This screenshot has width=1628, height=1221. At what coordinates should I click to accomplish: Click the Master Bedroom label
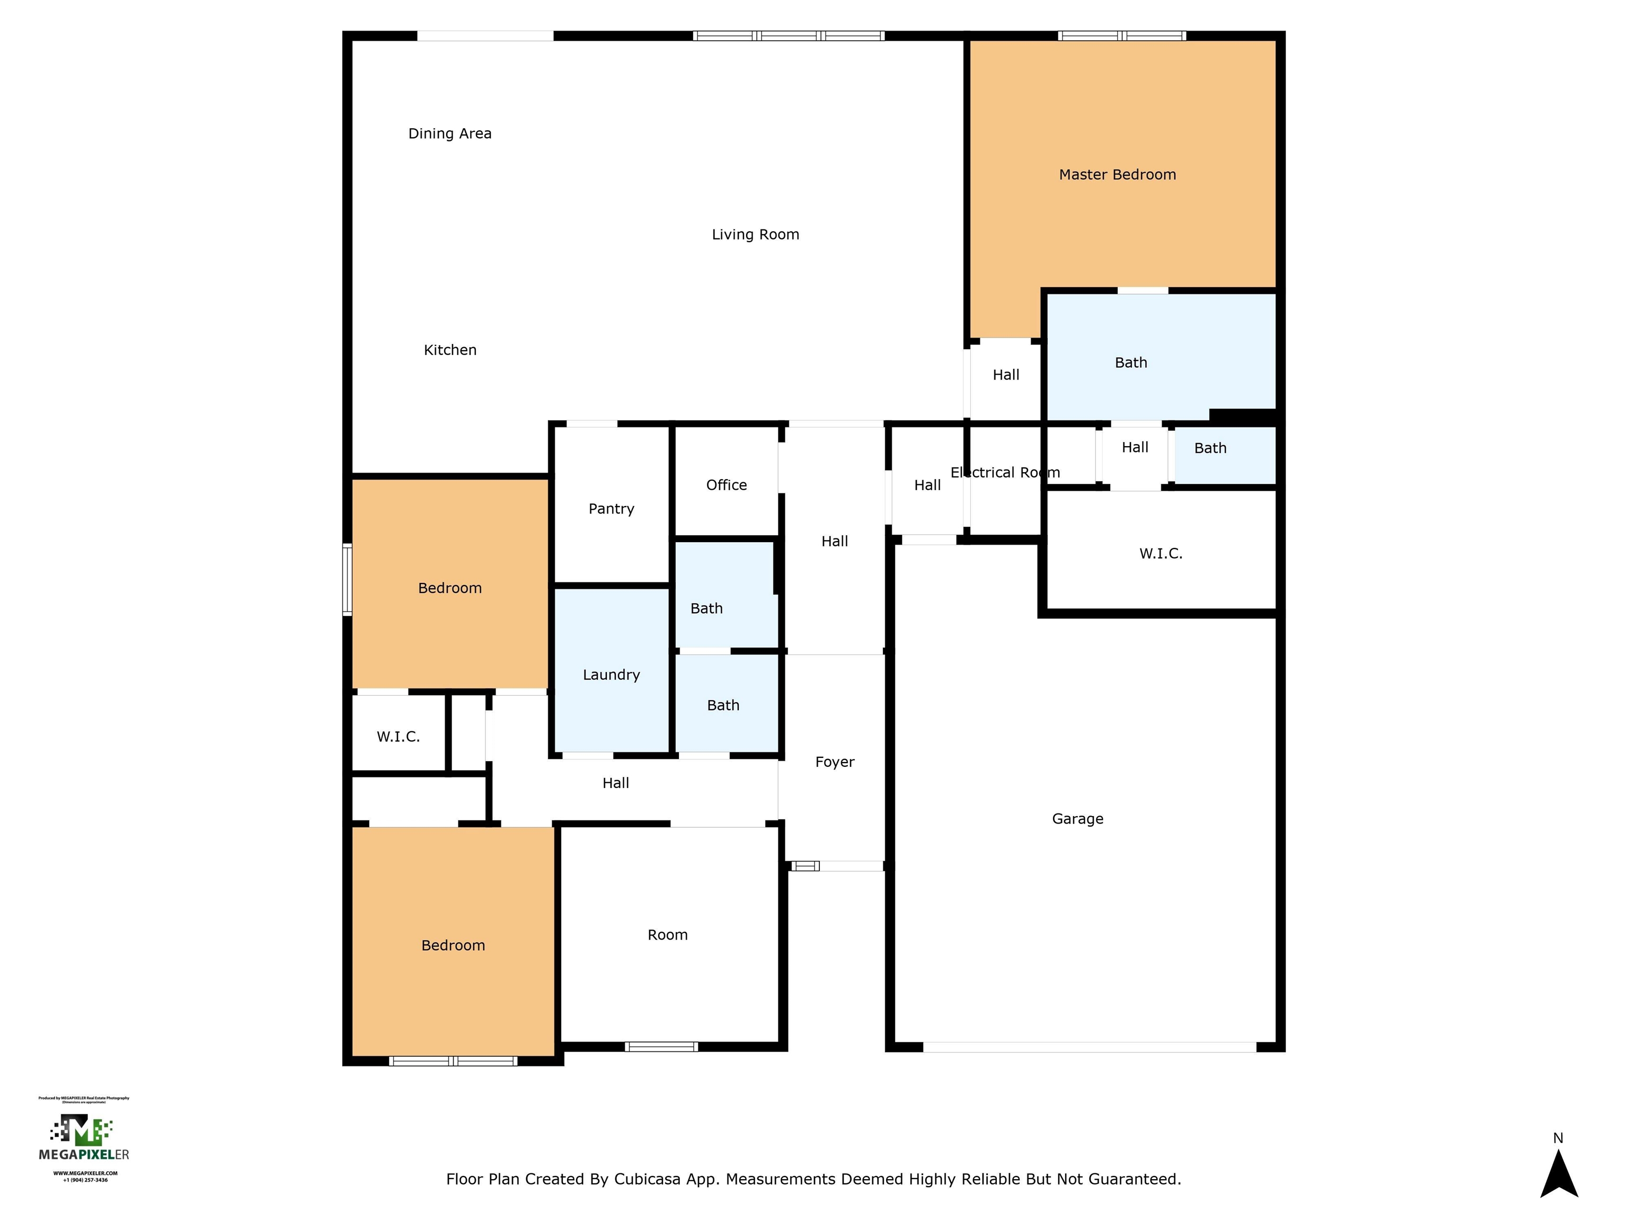pyautogui.click(x=1117, y=174)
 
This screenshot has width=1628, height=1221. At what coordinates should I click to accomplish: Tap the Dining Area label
pyautogui.click(x=450, y=133)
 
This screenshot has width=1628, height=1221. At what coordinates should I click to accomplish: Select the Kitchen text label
pyautogui.click(x=450, y=350)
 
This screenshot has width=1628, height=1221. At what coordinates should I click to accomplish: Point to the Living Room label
pyautogui.click(x=755, y=235)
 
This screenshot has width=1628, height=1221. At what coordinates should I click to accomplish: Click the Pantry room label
pyautogui.click(x=611, y=509)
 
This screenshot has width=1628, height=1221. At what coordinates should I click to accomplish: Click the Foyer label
pyautogui.click(x=835, y=762)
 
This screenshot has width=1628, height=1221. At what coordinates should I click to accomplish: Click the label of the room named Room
pyautogui.click(x=668, y=935)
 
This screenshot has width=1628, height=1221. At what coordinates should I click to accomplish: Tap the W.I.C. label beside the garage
pyautogui.click(x=1161, y=553)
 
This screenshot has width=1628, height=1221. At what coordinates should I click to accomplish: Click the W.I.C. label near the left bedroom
pyautogui.click(x=398, y=737)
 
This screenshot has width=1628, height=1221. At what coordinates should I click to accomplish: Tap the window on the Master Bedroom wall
pyautogui.click(x=1122, y=36)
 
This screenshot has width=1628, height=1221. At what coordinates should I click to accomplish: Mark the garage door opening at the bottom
pyautogui.click(x=1089, y=1047)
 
